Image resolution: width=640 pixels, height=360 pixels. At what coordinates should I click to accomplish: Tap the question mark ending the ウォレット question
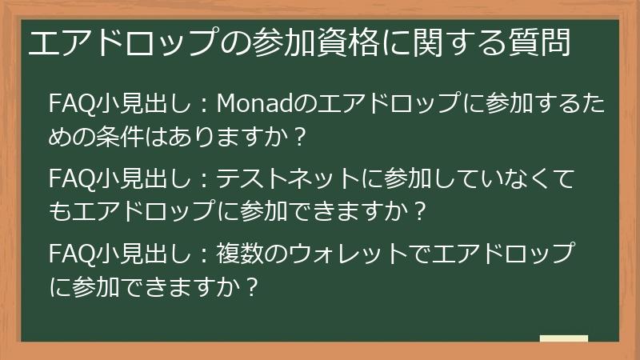click(254, 286)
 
